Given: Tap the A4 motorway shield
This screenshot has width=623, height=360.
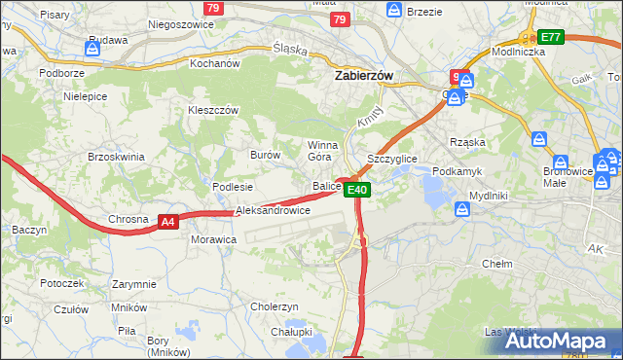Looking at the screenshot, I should coord(168,222).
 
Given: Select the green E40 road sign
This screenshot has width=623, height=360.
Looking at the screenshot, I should coord(357,190).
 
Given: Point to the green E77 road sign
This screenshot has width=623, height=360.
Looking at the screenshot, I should coord(552,37).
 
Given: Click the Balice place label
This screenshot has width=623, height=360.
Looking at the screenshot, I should coord(325,186).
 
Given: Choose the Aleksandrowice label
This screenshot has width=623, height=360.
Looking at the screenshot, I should coord(273,210).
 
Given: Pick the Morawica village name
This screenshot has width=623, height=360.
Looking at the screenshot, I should coord(213,238).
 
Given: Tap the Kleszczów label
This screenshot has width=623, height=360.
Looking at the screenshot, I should coord(213,111).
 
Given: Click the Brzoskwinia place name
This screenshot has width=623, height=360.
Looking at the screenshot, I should coord(116,157).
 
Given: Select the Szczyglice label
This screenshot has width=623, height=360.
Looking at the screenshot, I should coord(392,158).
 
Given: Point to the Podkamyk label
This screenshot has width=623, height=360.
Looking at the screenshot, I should coord(458,170).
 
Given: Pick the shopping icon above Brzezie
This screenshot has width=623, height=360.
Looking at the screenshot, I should coord(394,9).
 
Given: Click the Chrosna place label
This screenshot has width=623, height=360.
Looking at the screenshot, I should coord(128,219).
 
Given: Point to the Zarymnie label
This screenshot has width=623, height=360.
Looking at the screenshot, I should coord(133,284).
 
